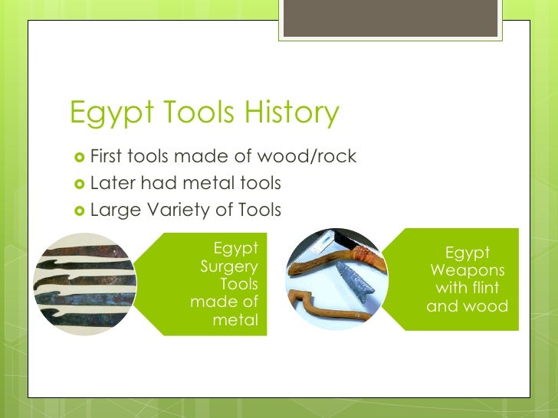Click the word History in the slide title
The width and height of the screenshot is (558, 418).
pyautogui.click(x=287, y=113)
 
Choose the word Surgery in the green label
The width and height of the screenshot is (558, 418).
pyautogui.click(x=228, y=266)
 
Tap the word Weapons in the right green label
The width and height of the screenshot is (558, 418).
pyautogui.click(x=468, y=271)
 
